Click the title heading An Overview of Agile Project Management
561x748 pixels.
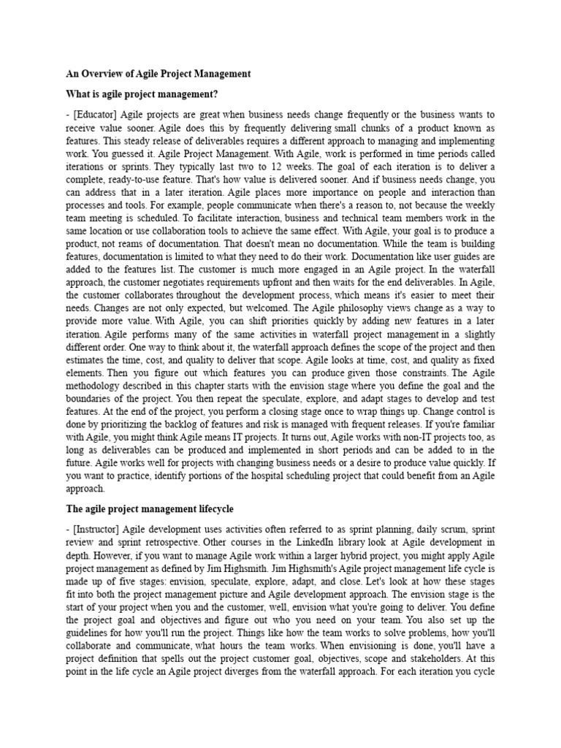(159, 74)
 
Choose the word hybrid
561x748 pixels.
(348, 556)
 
